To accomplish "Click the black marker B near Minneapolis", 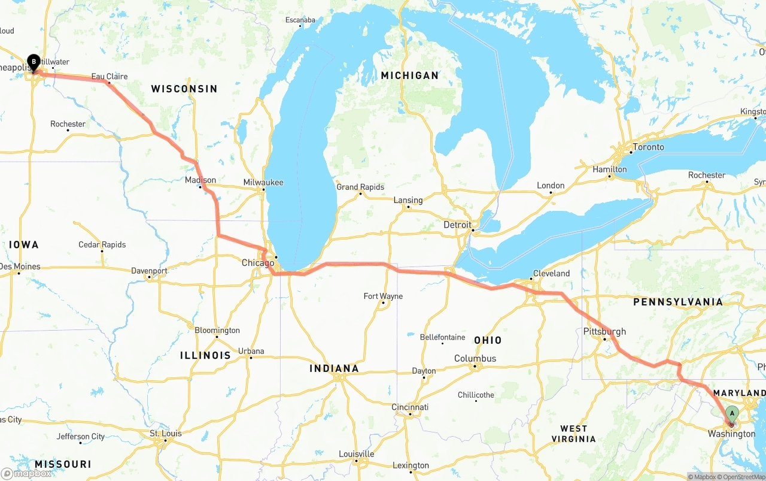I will [34, 62].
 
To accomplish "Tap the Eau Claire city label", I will [109, 77].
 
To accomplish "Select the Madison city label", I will [200, 180].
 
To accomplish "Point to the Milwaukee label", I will [263, 182].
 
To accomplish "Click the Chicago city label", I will [258, 262].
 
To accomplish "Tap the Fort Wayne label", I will [383, 296].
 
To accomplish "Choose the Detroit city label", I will [457, 225].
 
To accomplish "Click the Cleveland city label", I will [551, 273].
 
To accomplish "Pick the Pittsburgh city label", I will [604, 331].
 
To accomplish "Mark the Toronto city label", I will [649, 147].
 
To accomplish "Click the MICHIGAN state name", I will [410, 75].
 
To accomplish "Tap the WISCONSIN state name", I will [184, 89].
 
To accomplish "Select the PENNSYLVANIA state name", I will [678, 302].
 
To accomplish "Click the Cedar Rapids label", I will [102, 244].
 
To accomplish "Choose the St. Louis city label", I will [166, 433].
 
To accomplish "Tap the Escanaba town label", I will [300, 20].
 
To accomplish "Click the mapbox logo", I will [26, 473].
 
